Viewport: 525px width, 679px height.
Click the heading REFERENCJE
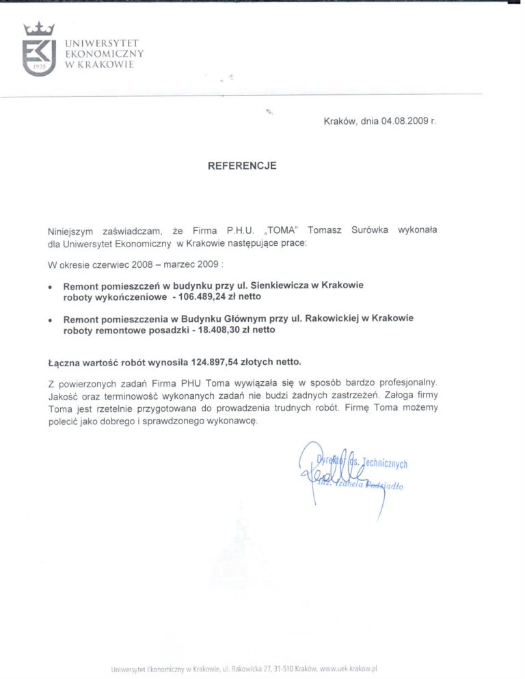tap(243, 165)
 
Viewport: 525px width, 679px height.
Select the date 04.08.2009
tap(404, 120)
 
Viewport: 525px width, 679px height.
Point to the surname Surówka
tap(368, 230)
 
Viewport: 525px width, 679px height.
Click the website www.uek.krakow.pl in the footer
tap(349, 669)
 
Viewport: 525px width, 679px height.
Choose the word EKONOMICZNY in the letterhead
tap(104, 53)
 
